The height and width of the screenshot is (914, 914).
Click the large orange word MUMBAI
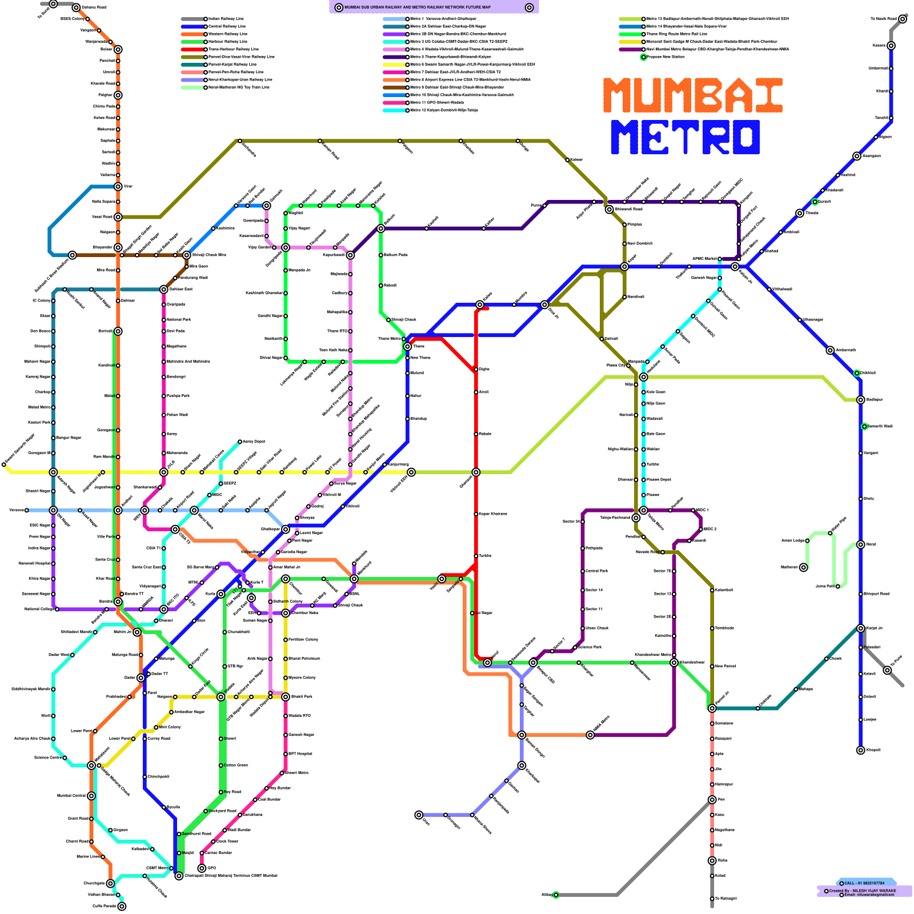click(692, 95)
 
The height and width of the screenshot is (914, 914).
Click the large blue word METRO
click(685, 137)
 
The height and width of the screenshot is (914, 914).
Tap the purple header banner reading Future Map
click(434, 7)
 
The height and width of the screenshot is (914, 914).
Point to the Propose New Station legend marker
click(644, 57)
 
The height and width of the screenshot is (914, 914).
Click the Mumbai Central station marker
click(91, 796)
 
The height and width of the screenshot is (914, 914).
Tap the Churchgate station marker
click(110, 883)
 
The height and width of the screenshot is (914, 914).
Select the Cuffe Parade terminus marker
click(122, 906)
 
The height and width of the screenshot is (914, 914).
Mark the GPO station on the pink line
click(202, 868)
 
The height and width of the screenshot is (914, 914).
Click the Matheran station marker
click(803, 567)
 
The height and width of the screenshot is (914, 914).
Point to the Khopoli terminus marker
click(860, 750)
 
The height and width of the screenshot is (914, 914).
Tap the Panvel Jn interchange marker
click(712, 708)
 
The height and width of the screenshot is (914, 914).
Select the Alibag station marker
click(555, 895)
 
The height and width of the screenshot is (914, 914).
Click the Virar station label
click(128, 186)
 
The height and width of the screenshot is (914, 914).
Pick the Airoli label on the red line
click(483, 392)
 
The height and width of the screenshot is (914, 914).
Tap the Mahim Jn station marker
click(137, 632)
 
